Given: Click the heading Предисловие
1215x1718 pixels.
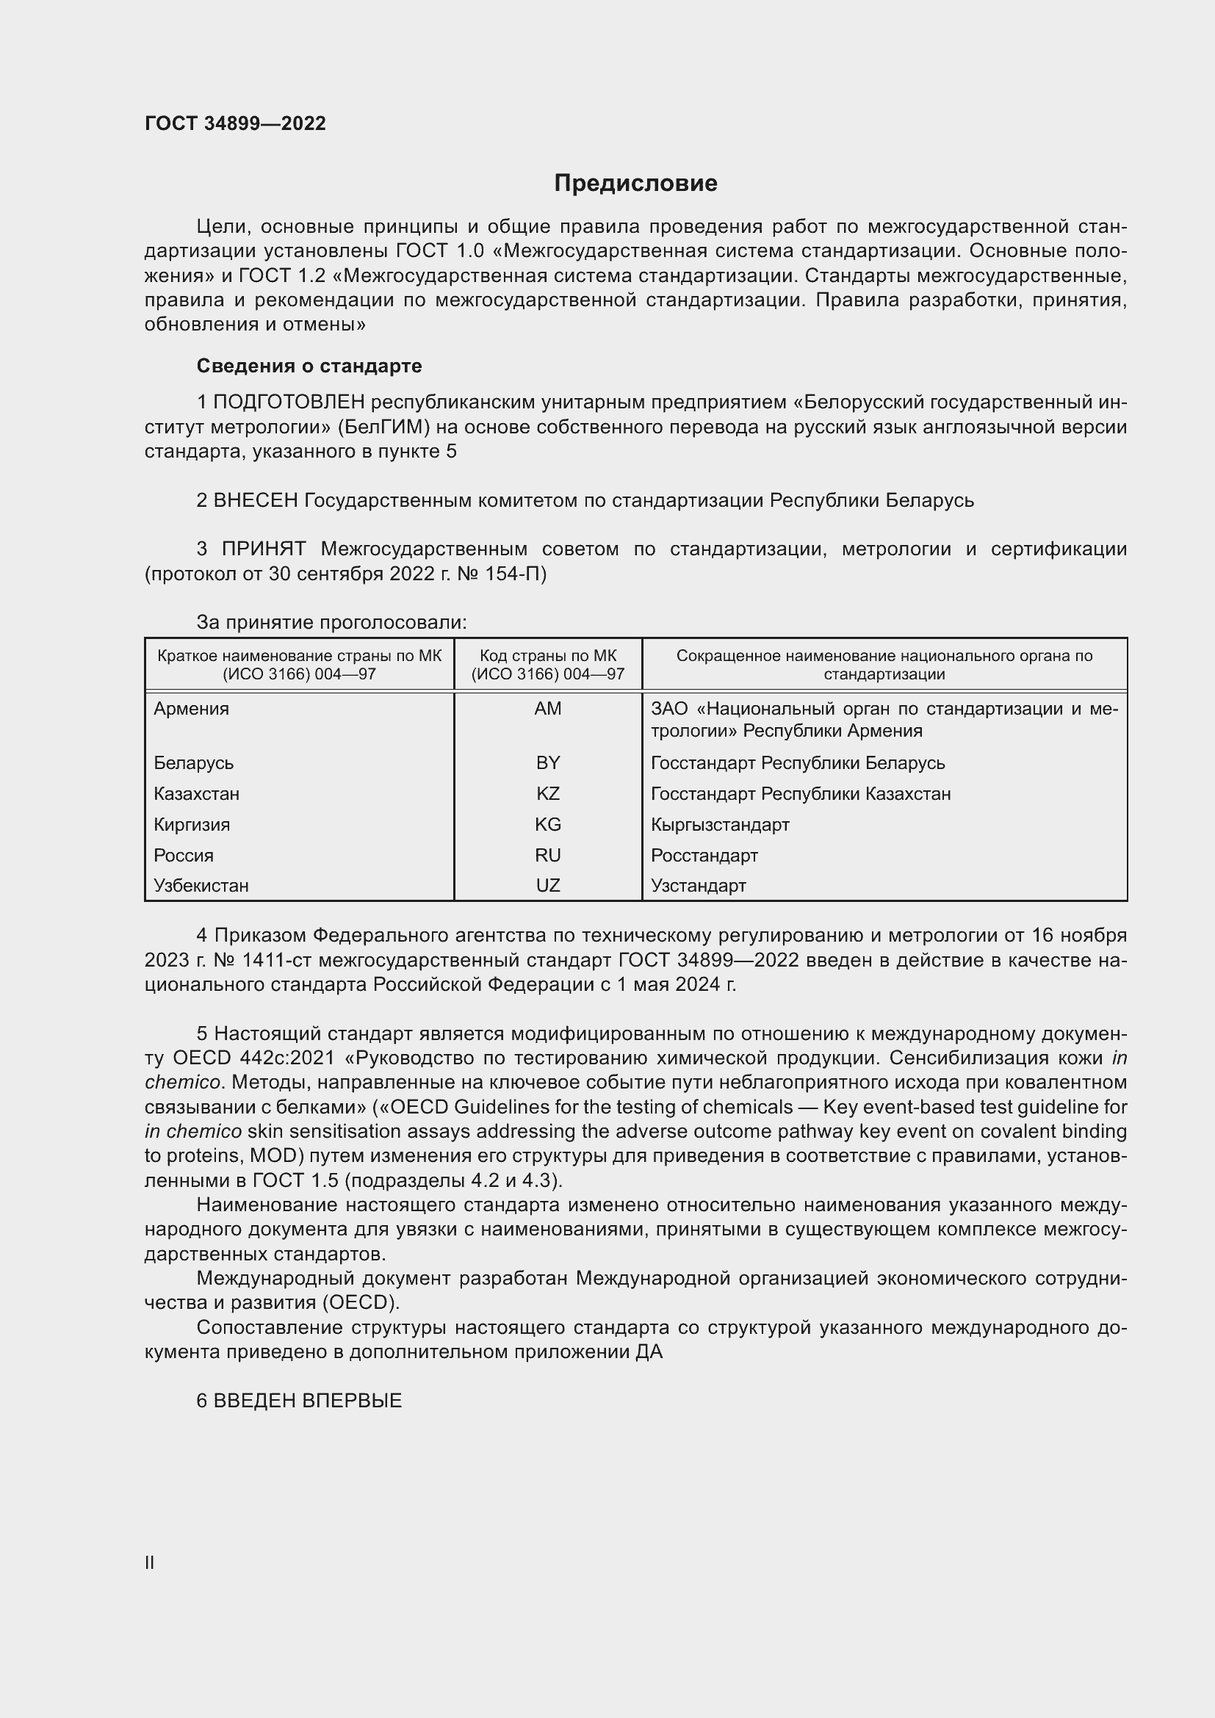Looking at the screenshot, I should point(635,184).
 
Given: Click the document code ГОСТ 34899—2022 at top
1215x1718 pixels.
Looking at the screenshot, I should point(235,123).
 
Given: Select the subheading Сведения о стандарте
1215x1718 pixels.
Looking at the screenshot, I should point(309,366).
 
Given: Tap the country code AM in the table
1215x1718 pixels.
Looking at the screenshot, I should point(548,709).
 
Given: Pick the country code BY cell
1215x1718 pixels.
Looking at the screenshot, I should point(548,763).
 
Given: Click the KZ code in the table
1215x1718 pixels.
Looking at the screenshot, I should point(548,794).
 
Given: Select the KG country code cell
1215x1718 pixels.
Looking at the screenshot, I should point(548,825).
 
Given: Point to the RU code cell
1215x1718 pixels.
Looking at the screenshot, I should point(548,855).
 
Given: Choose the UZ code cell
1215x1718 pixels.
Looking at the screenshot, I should point(548,886).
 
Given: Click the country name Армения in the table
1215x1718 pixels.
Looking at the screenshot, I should point(192,709).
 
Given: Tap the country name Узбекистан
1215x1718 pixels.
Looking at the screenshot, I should point(201,886).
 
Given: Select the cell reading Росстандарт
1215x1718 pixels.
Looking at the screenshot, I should point(704,855).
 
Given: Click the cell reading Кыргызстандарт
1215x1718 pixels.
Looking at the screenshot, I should point(720,825).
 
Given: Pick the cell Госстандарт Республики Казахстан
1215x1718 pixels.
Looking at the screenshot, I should point(801,794).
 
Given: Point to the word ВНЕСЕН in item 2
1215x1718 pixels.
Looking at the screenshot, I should point(256,501).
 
